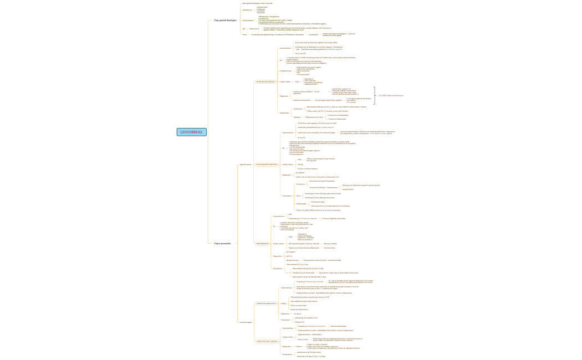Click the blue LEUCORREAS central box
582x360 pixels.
click(x=192, y=132)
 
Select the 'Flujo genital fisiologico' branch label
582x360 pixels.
click(x=225, y=20)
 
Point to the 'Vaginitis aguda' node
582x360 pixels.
click(x=246, y=164)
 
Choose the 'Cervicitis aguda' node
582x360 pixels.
click(x=246, y=322)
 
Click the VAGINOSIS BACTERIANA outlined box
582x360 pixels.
click(x=265, y=81)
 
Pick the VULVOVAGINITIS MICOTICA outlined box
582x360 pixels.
click(x=267, y=164)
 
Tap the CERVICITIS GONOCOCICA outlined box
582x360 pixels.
click(x=266, y=303)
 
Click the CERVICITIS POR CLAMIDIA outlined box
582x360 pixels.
click(x=267, y=341)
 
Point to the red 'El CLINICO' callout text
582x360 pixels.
click(x=391, y=95)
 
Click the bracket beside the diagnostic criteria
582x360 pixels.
click(x=375, y=95)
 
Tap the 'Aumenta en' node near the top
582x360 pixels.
click(x=247, y=9)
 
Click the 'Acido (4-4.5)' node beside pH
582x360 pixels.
click(x=254, y=28)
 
